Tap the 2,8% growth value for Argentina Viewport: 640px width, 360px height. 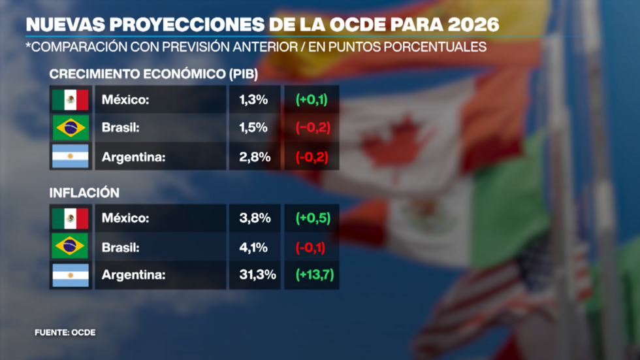tap(253, 156)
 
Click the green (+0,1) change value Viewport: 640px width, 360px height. tap(312, 100)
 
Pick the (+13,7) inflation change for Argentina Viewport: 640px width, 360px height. tap(315, 275)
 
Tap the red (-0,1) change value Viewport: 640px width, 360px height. tap(312, 247)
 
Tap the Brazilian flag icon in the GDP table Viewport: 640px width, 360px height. tap(71, 128)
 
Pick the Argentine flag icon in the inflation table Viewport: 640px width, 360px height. tap(71, 275)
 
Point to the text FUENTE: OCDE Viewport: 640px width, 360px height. tap(65, 333)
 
